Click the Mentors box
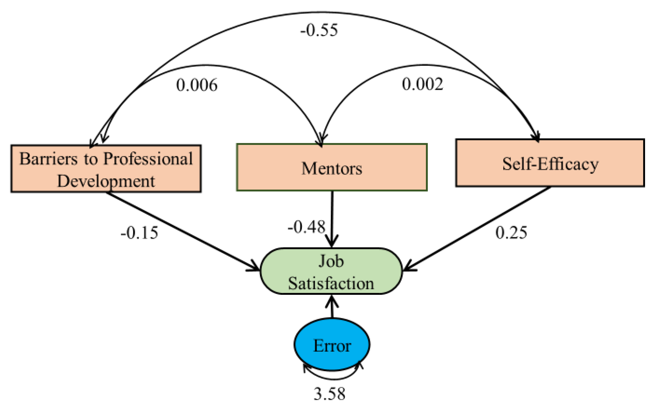[332, 167]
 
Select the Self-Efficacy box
[550, 163]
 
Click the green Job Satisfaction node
[331, 271]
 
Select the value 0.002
[422, 84]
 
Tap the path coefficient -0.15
[139, 233]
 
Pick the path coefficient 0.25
[511, 232]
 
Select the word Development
[106, 181]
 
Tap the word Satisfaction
[331, 283]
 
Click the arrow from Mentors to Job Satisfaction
[332, 216]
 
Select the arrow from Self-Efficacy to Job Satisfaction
[477, 229]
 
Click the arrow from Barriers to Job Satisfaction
[184, 232]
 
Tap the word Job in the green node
[331, 261]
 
